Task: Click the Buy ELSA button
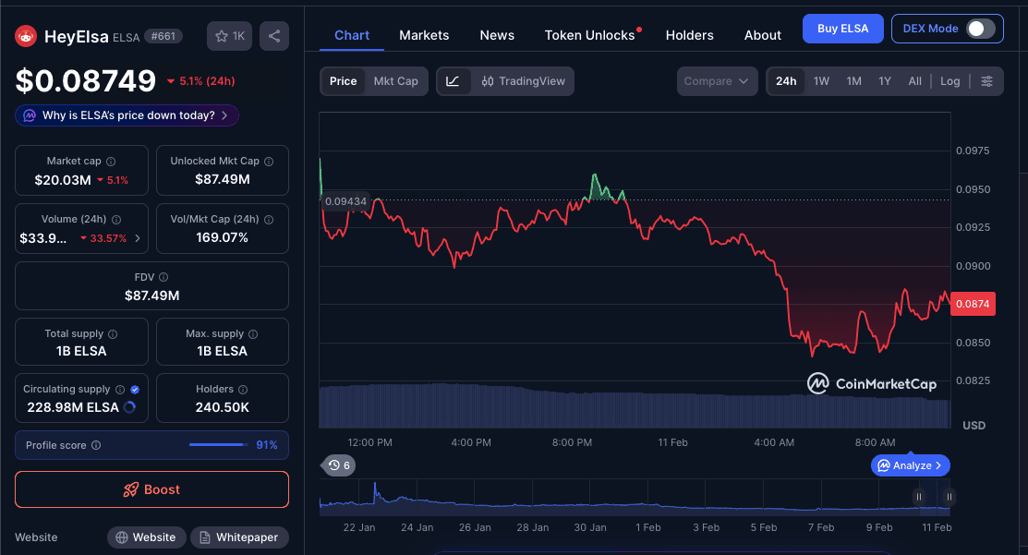click(x=842, y=29)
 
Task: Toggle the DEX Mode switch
click(x=980, y=29)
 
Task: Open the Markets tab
click(x=424, y=35)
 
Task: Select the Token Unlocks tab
click(x=589, y=35)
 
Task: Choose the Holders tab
click(x=689, y=35)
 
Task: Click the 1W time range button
click(x=821, y=81)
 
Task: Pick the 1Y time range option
click(x=885, y=81)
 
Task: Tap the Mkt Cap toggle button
click(x=395, y=81)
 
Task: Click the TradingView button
click(x=523, y=81)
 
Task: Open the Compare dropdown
click(x=717, y=81)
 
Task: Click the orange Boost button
click(x=151, y=489)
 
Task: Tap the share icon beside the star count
click(x=274, y=36)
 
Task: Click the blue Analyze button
click(x=910, y=465)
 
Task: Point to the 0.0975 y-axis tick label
click(x=972, y=151)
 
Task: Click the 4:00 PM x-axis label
click(x=471, y=442)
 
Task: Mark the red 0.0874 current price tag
click(x=973, y=304)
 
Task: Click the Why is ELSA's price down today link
click(x=127, y=115)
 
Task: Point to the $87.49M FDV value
click(x=151, y=296)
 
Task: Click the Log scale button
click(x=949, y=81)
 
